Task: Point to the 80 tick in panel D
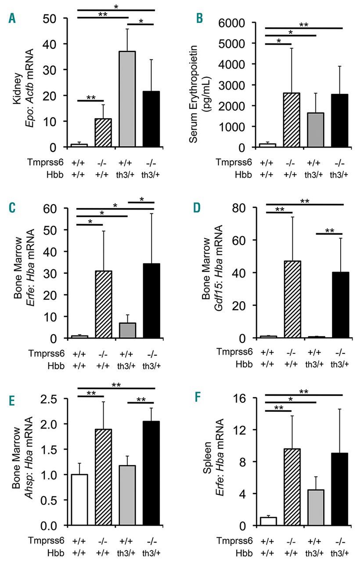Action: point(249,208)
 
